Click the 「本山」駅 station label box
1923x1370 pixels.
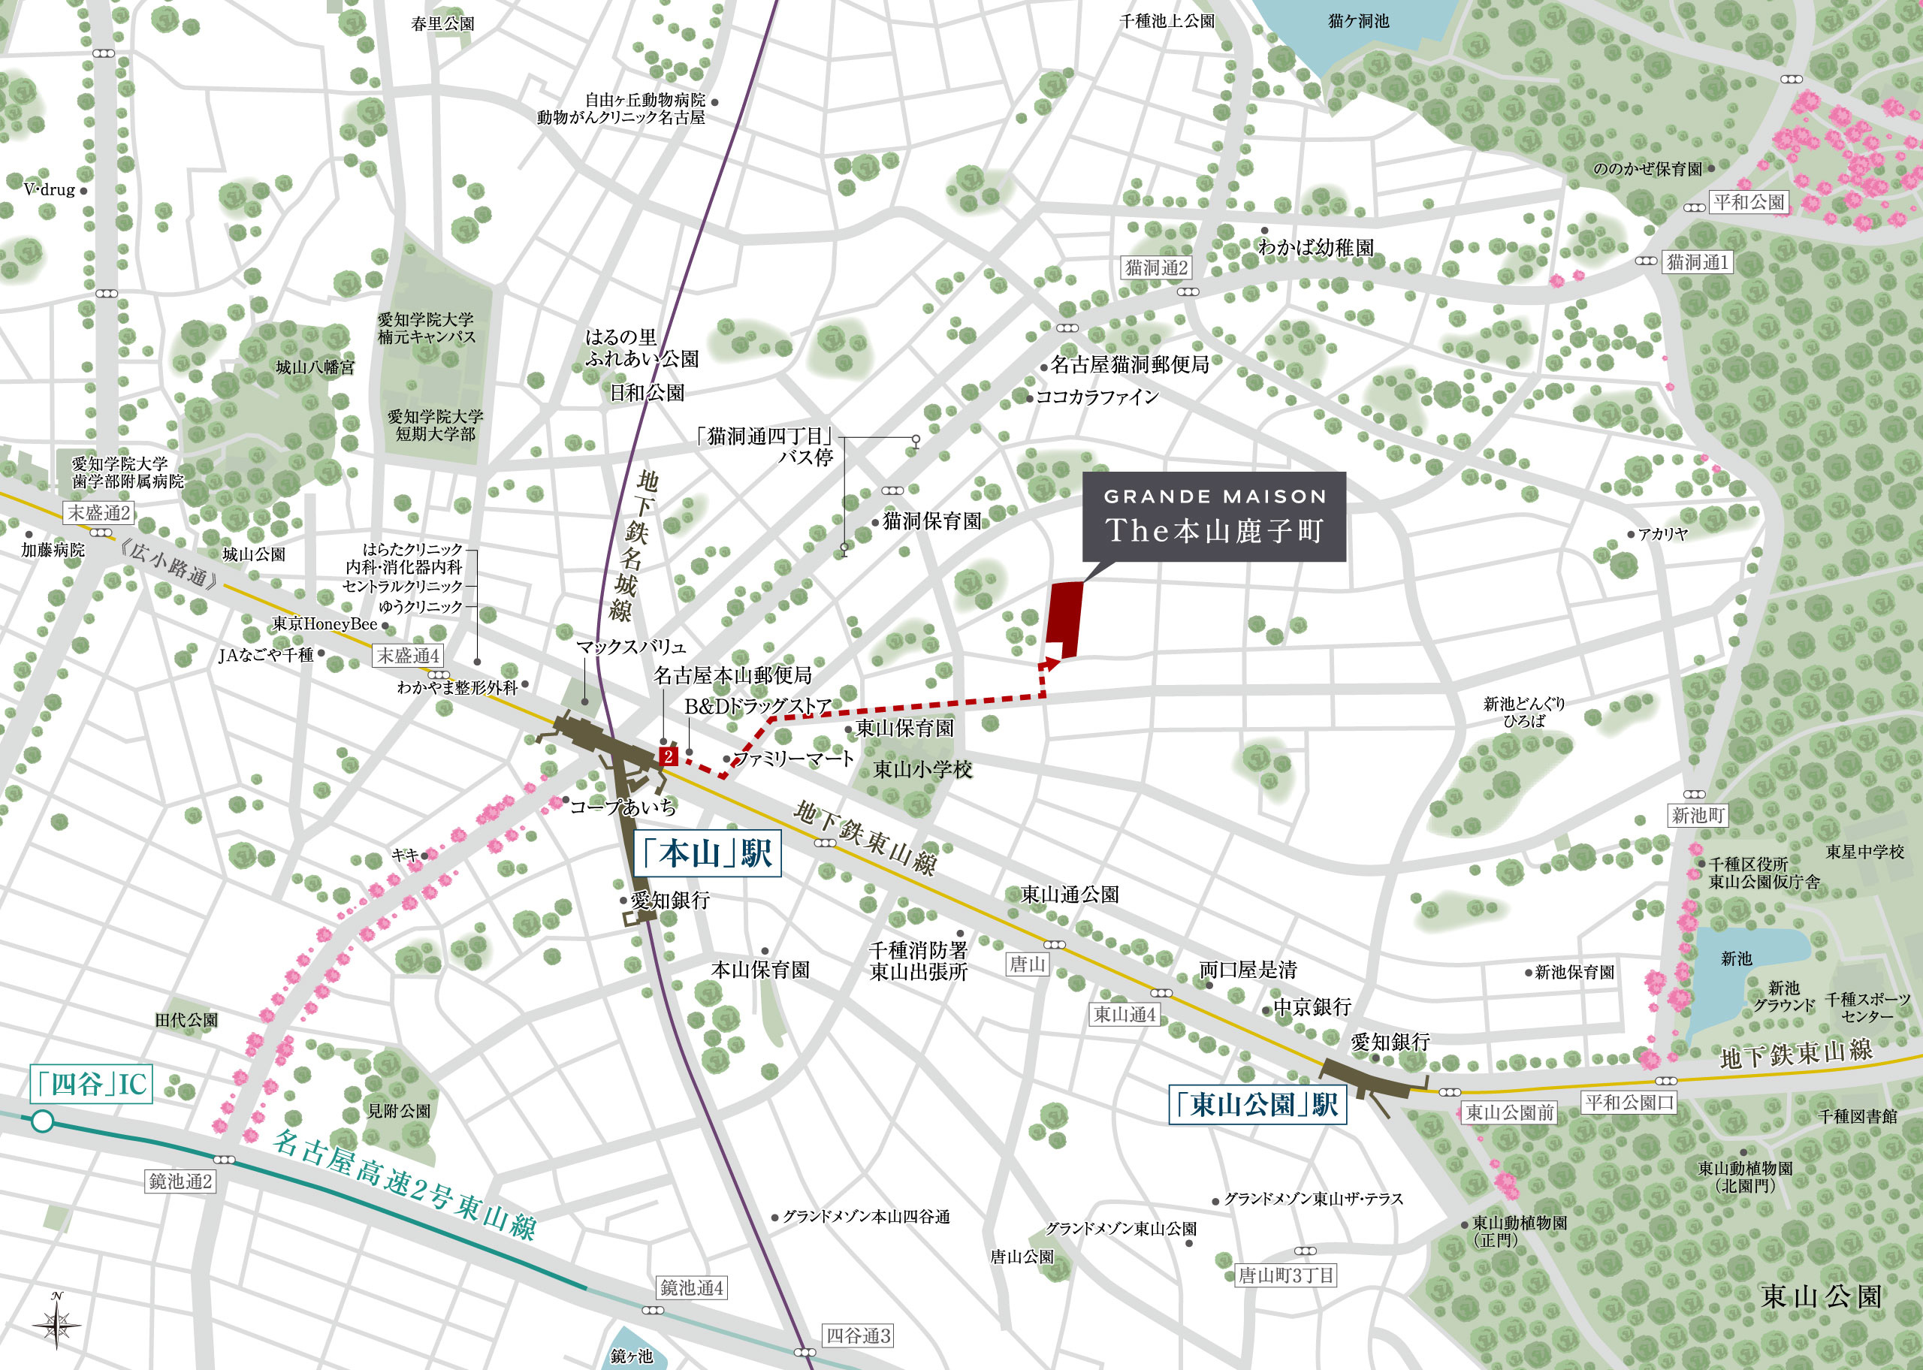tap(707, 854)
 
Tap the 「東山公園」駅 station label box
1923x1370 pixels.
tap(1257, 1104)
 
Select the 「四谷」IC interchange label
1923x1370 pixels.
tap(91, 1084)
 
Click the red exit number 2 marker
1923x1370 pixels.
tap(668, 756)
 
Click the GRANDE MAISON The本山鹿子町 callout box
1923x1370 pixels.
tap(1214, 516)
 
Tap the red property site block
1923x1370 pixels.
tap(1064, 619)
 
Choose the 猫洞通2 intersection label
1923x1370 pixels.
tap(1156, 267)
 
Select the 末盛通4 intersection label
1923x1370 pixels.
tap(408, 656)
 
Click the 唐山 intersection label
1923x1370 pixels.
tap(1028, 964)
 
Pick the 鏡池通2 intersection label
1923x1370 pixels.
tap(180, 1181)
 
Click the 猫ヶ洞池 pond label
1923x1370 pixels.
tap(1358, 21)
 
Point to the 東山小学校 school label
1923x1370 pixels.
tap(922, 769)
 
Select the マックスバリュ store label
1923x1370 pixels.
tap(631, 647)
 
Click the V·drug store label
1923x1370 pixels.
tap(50, 190)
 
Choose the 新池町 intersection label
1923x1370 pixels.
tap(1698, 816)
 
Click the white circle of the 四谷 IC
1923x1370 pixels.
tap(42, 1121)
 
